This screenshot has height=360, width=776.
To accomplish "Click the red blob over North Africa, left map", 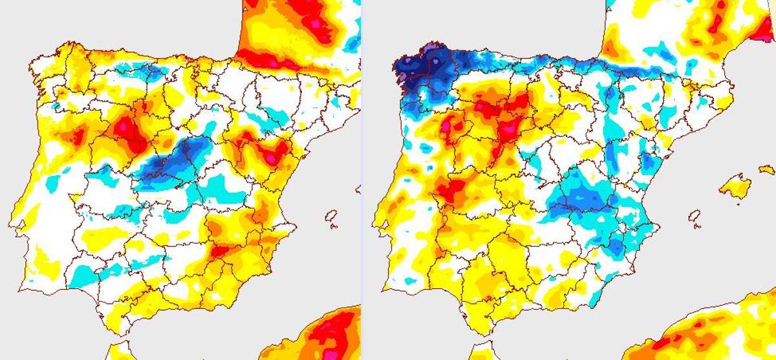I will pos(330,333).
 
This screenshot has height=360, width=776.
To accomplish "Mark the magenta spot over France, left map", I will pos(315,25).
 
